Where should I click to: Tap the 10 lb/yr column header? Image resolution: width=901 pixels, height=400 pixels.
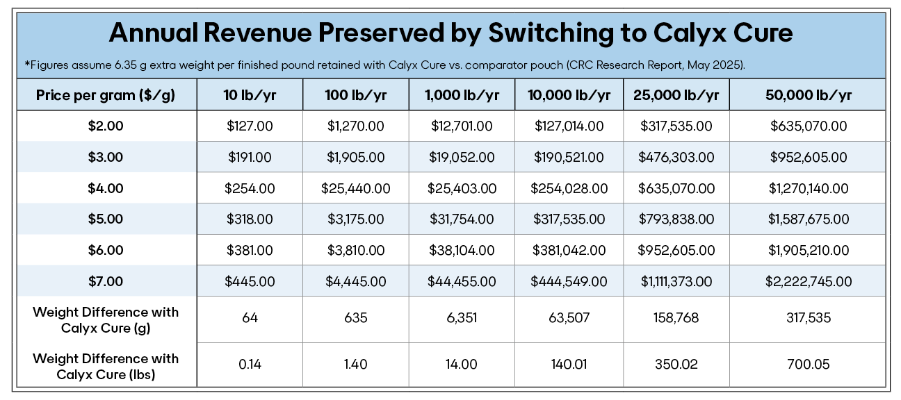[x=250, y=95]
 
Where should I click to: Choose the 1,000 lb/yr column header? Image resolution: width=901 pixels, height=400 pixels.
[x=462, y=95]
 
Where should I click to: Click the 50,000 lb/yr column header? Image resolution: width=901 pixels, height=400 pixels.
[x=809, y=95]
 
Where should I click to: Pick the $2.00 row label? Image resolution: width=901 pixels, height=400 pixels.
[x=106, y=126]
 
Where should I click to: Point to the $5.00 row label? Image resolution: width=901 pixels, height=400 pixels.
[x=106, y=219]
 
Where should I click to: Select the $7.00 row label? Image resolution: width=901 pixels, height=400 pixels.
[x=106, y=281]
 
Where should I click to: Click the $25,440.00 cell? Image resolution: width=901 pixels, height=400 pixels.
[x=355, y=188]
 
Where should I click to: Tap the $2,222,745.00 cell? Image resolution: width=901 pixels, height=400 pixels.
[x=809, y=281]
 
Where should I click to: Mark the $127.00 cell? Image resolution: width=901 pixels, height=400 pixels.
[x=250, y=126]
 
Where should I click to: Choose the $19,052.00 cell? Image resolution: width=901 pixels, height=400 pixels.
[x=462, y=158]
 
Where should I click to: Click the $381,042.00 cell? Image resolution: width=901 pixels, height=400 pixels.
[x=569, y=250]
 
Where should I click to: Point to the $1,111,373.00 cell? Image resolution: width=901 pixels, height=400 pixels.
[x=676, y=281]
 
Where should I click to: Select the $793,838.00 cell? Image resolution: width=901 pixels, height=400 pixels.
[x=676, y=219]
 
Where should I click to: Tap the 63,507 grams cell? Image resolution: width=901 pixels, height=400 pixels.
[x=569, y=318]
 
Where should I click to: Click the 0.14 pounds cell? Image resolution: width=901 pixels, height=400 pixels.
[x=250, y=365]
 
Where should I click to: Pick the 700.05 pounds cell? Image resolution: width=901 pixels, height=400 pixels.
[x=809, y=365]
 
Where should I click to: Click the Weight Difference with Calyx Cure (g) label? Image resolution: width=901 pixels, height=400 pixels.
[x=106, y=319]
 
